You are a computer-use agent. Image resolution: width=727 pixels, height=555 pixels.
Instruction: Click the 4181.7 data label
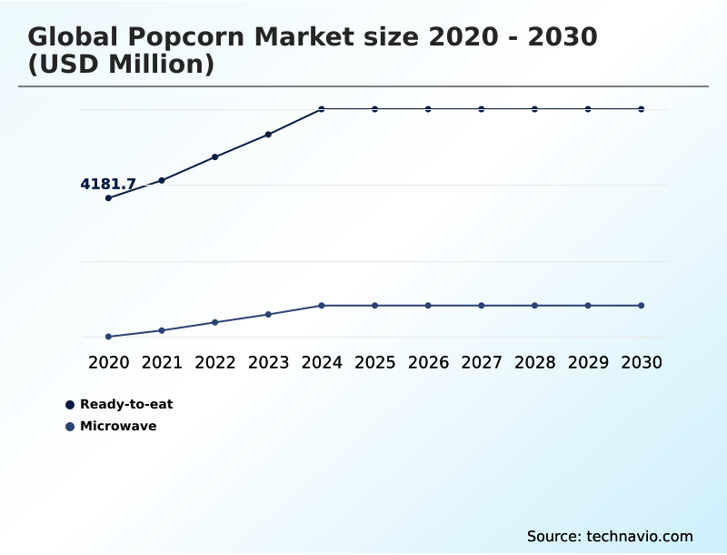pyautogui.click(x=108, y=185)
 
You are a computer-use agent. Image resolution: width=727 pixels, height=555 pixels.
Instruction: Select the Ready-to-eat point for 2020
pyautogui.click(x=109, y=197)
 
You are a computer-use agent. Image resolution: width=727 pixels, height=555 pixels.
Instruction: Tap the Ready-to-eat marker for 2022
pyautogui.click(x=215, y=157)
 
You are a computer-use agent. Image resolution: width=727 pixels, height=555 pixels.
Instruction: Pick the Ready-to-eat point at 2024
pyautogui.click(x=322, y=109)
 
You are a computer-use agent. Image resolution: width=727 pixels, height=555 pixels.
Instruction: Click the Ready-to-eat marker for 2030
pyautogui.click(x=641, y=109)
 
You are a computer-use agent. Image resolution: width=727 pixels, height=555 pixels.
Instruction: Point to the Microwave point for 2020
pyautogui.click(x=109, y=337)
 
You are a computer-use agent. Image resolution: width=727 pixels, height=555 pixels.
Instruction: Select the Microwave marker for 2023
pyautogui.click(x=268, y=315)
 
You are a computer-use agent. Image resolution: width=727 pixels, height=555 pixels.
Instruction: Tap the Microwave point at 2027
pyautogui.click(x=482, y=306)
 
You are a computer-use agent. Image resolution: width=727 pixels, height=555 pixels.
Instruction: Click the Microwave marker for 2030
pyautogui.click(x=641, y=306)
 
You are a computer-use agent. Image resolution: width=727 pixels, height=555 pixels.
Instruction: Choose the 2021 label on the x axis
pyautogui.click(x=162, y=363)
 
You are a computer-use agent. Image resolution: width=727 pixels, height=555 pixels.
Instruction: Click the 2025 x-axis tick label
pyautogui.click(x=374, y=363)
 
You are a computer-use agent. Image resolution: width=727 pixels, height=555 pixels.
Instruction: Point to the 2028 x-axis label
pyautogui.click(x=534, y=363)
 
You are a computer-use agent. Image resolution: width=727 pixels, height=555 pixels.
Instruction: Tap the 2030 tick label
pyautogui.click(x=641, y=363)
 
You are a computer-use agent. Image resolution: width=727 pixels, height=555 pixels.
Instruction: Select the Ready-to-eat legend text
pyautogui.click(x=126, y=405)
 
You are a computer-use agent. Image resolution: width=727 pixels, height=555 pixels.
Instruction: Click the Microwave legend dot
pyautogui.click(x=70, y=427)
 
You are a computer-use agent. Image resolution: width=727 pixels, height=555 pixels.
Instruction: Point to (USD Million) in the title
pyautogui.click(x=121, y=66)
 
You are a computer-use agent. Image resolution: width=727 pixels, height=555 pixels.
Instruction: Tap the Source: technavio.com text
pyautogui.click(x=610, y=536)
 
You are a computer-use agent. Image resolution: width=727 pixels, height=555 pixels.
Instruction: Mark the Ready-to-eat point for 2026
pyautogui.click(x=428, y=109)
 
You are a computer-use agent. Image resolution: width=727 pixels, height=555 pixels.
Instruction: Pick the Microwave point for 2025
pyautogui.click(x=374, y=306)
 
